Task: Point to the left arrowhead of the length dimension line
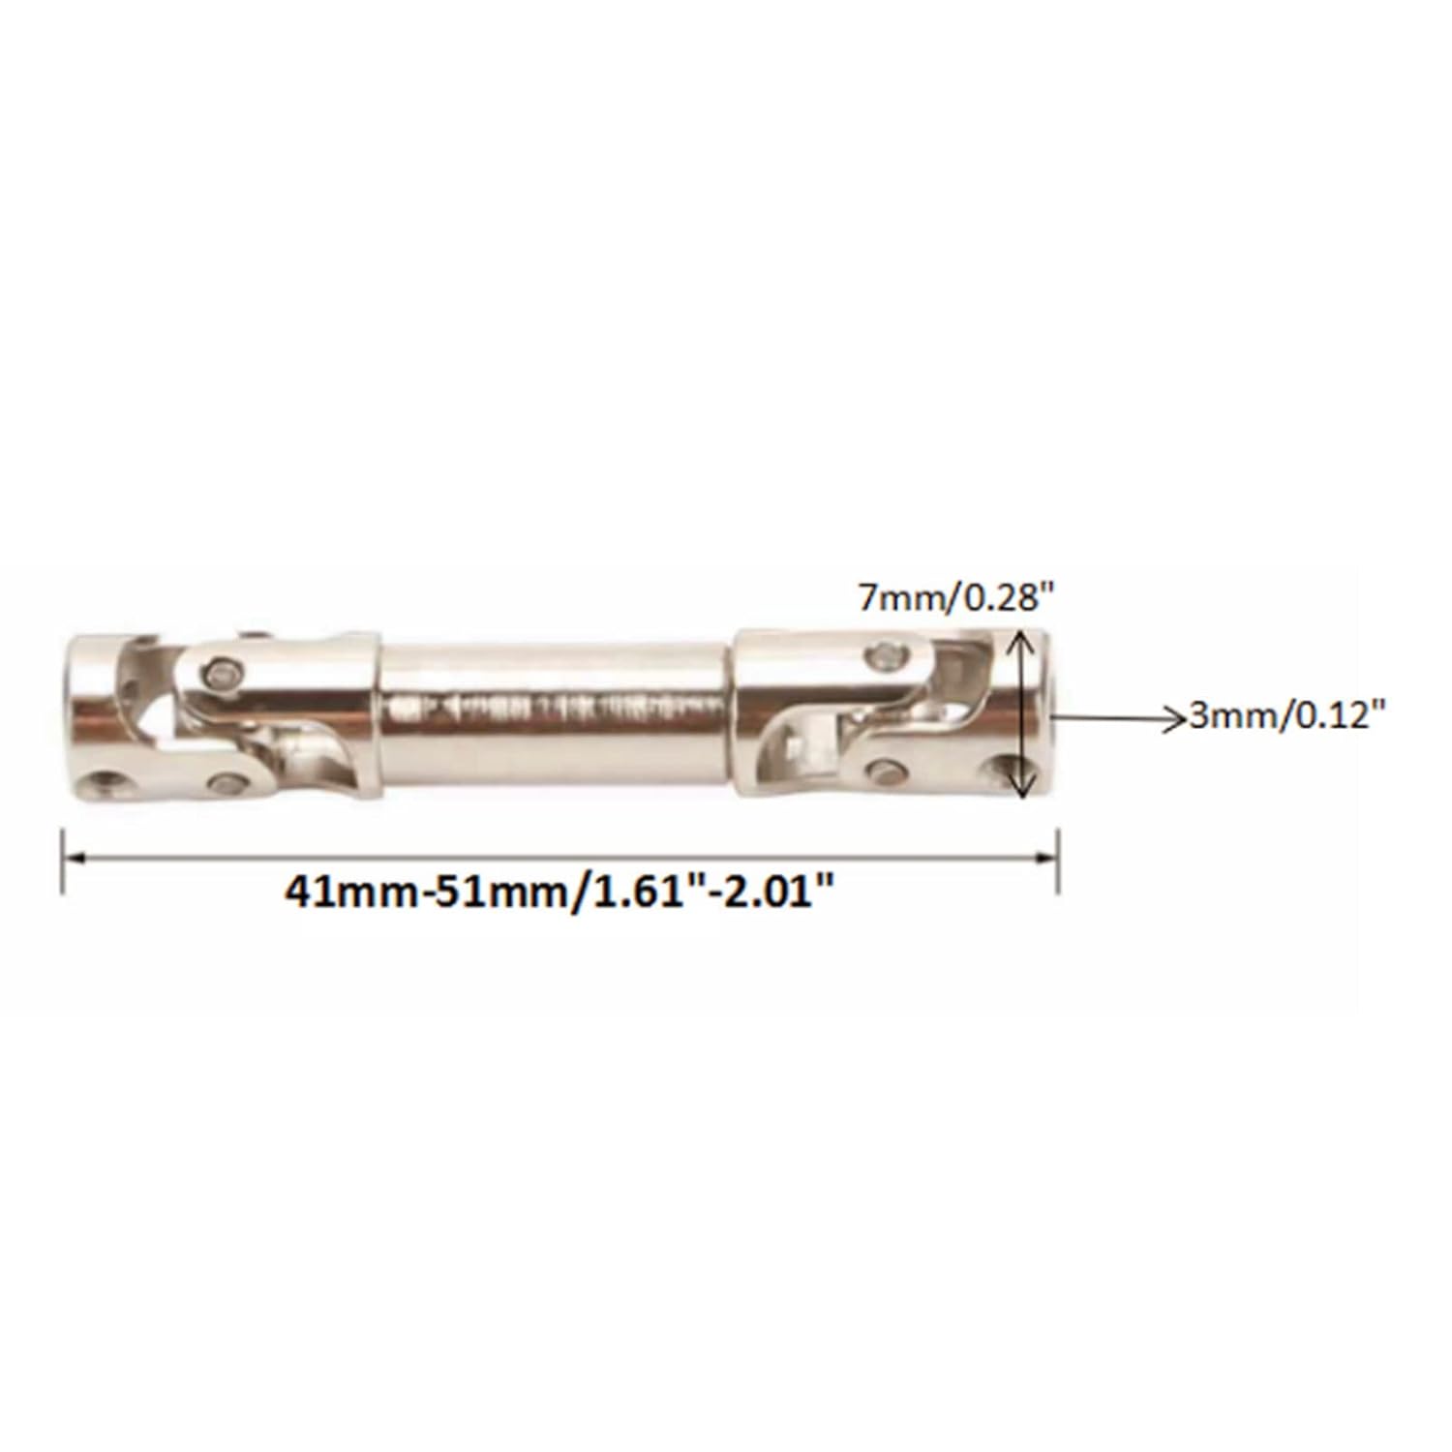point(76,856)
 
